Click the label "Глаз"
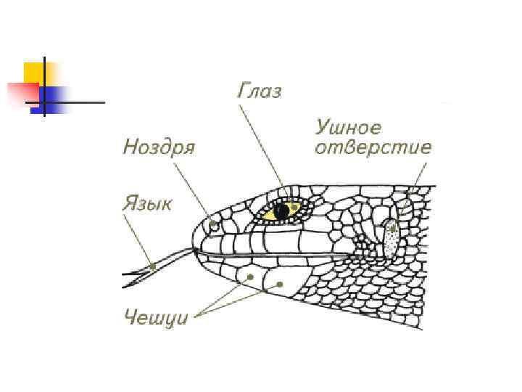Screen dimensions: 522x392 [260, 92]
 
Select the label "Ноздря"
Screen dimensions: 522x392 [159, 147]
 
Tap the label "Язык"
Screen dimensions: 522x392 [147, 203]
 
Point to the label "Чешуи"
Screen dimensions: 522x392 [156, 317]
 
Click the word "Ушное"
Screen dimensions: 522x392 [348, 128]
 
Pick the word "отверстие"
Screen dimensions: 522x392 [373, 148]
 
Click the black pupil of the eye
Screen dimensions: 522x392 [281, 211]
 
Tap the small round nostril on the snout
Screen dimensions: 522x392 [213, 226]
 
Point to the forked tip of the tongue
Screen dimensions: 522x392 [130, 277]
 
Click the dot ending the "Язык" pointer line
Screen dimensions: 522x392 [153, 266]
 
